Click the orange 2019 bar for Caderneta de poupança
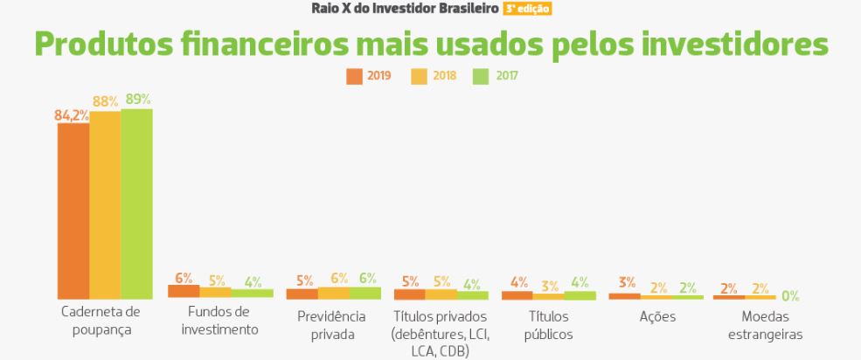(x=73, y=211)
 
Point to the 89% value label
(x=137, y=99)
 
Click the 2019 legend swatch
(x=353, y=75)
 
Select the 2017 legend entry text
(x=507, y=75)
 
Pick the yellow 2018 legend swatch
(x=416, y=75)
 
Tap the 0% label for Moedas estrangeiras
(x=790, y=295)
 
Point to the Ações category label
(x=656, y=315)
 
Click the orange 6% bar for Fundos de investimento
(x=184, y=292)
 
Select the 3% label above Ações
(x=627, y=282)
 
